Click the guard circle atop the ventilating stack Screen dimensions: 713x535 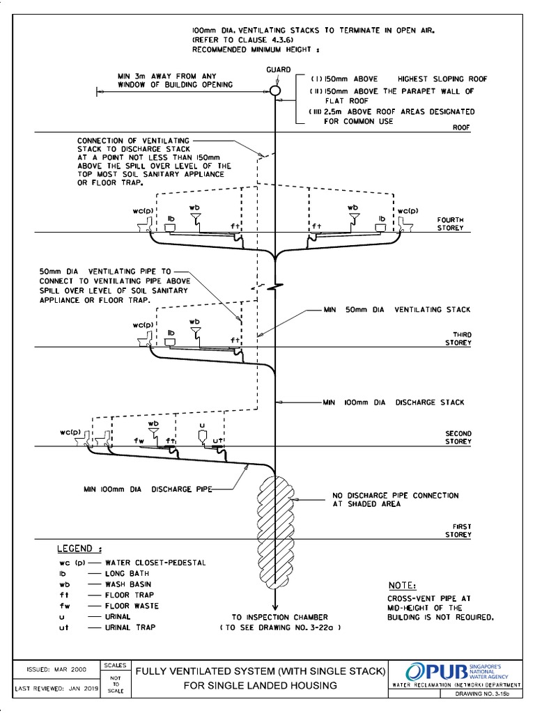[276, 91]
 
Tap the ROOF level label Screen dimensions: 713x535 [462, 127]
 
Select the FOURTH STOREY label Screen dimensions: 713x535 [450, 224]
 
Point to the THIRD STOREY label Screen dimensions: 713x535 [458, 338]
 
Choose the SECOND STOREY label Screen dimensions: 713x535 [458, 437]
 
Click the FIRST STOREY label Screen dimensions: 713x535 [458, 531]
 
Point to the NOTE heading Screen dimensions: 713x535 [402, 585]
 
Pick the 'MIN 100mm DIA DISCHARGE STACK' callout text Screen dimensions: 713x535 [394, 402]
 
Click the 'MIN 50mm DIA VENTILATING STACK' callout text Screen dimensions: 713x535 [396, 309]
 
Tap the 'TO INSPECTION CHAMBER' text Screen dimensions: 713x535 [279, 617]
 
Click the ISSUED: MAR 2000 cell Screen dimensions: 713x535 [56, 669]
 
